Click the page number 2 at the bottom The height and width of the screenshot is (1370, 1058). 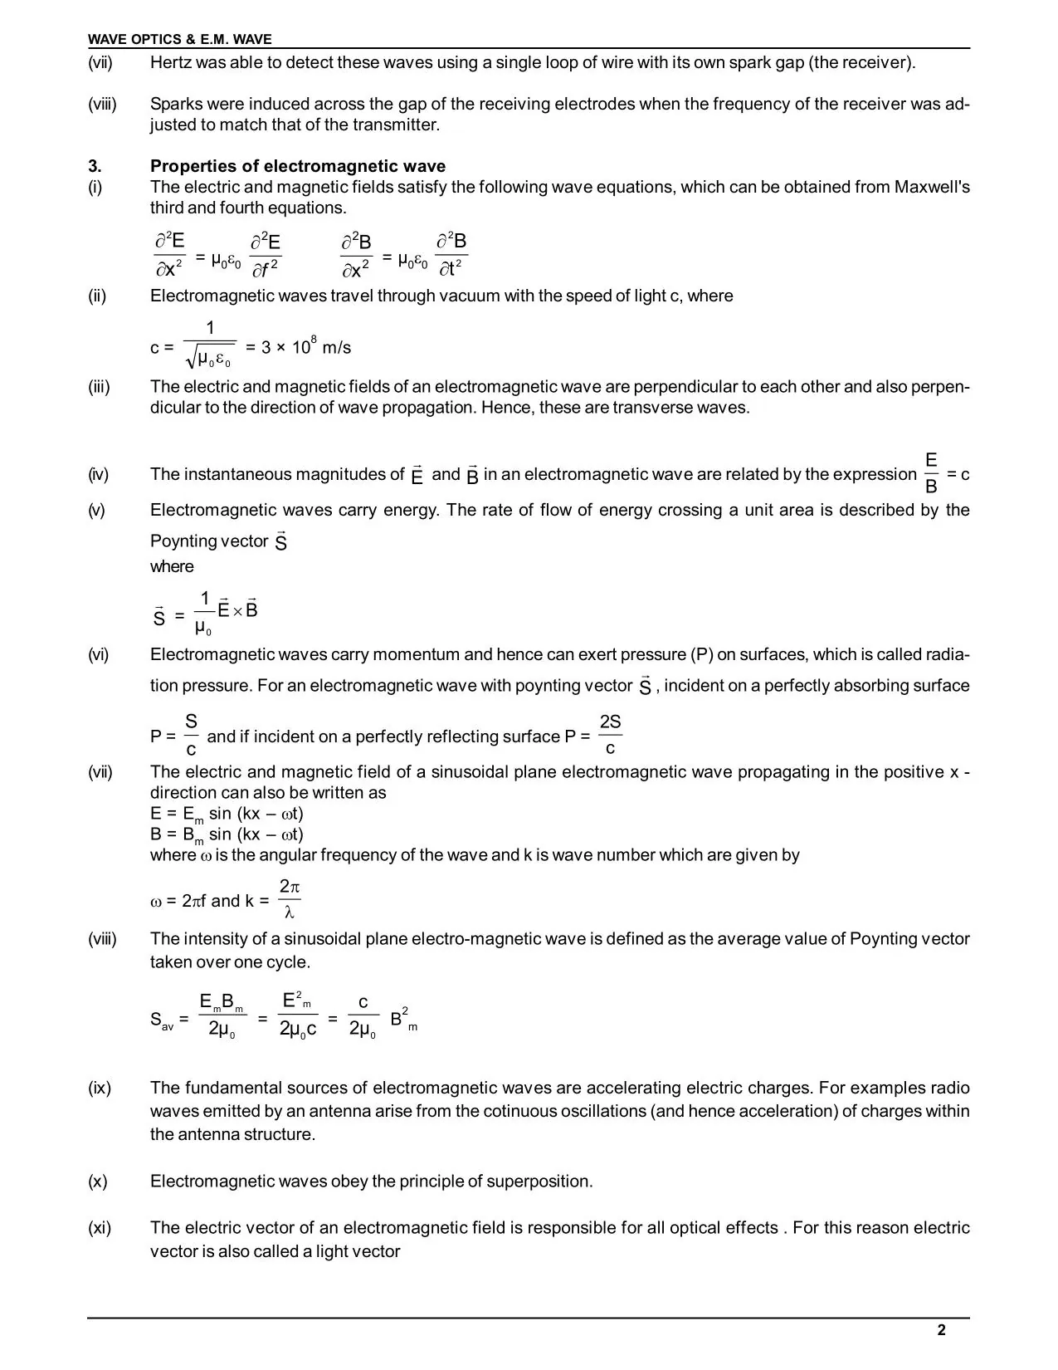pos(941,1330)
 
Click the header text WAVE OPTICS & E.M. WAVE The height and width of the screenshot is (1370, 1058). pos(180,39)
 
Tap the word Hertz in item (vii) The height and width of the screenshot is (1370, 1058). pos(172,62)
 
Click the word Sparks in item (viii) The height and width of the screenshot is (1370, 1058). pos(175,104)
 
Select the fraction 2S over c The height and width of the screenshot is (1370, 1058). pos(610,735)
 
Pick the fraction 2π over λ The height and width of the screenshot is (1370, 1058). pos(290,900)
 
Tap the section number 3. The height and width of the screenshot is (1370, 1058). pos(95,166)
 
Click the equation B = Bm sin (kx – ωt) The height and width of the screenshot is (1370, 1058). pos(227,834)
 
